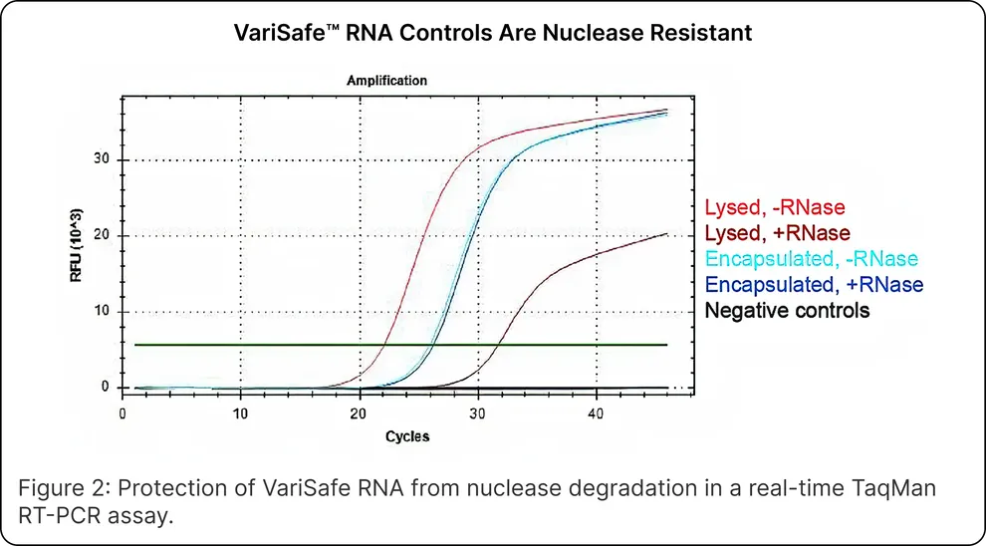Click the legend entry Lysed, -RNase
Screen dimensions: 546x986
(x=774, y=208)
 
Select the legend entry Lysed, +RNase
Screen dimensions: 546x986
(x=777, y=233)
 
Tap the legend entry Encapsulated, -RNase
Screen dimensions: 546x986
(x=811, y=259)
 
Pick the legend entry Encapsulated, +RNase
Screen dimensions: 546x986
(x=814, y=285)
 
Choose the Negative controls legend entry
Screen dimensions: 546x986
(x=787, y=311)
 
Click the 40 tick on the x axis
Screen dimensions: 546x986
(x=596, y=413)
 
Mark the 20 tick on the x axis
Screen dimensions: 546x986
(x=360, y=413)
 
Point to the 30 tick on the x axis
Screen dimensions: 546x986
(x=478, y=413)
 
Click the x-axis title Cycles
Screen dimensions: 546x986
(x=407, y=436)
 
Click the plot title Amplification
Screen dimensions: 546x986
(x=386, y=80)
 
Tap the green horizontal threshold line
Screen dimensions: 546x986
(x=249, y=345)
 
